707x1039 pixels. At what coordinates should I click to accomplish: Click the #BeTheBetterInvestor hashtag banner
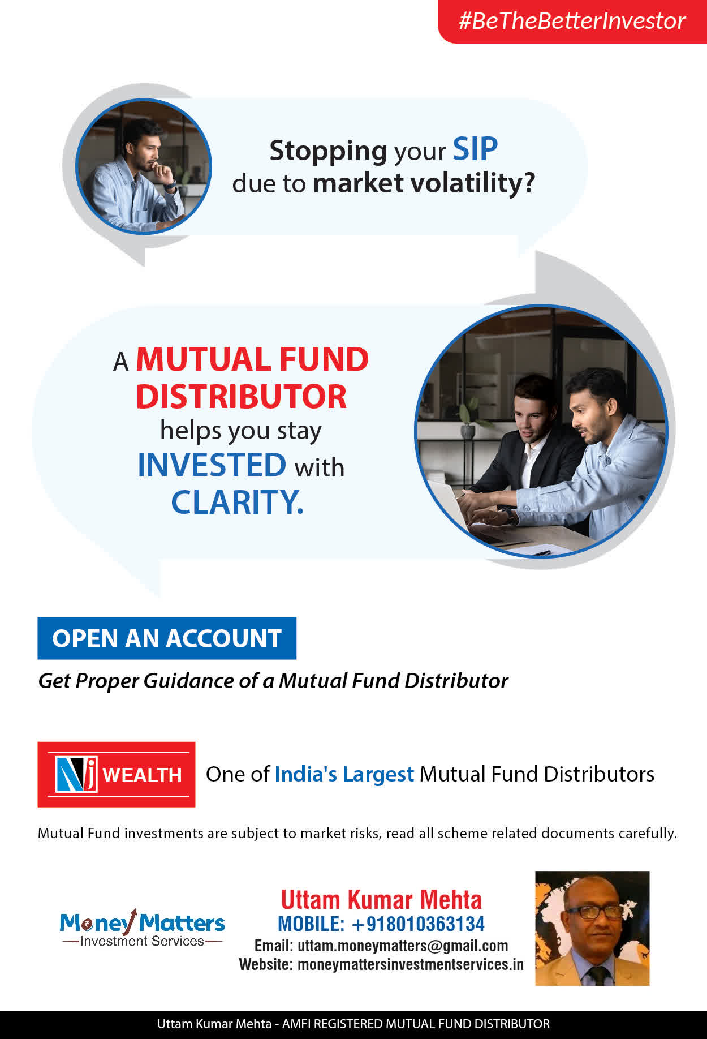[x=572, y=21]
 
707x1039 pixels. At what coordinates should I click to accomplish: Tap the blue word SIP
[x=475, y=149]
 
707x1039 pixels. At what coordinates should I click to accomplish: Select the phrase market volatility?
[x=424, y=183]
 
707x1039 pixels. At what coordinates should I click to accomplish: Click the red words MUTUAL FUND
[x=252, y=359]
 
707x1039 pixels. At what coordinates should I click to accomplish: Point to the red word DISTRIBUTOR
[x=242, y=396]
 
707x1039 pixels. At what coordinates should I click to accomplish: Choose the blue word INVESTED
[x=212, y=465]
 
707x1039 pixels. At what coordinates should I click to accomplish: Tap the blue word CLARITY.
[x=238, y=502]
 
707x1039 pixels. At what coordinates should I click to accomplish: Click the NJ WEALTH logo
[x=117, y=774]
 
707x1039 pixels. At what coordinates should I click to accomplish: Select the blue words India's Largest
[x=344, y=774]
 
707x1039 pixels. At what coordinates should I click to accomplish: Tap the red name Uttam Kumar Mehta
[x=381, y=900]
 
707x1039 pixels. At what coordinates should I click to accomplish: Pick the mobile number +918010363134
[x=418, y=924]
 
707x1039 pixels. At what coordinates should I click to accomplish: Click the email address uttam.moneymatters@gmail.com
[x=403, y=946]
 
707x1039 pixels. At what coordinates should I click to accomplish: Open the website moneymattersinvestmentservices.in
[x=411, y=964]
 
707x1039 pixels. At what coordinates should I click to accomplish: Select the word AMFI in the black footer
[x=296, y=1024]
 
